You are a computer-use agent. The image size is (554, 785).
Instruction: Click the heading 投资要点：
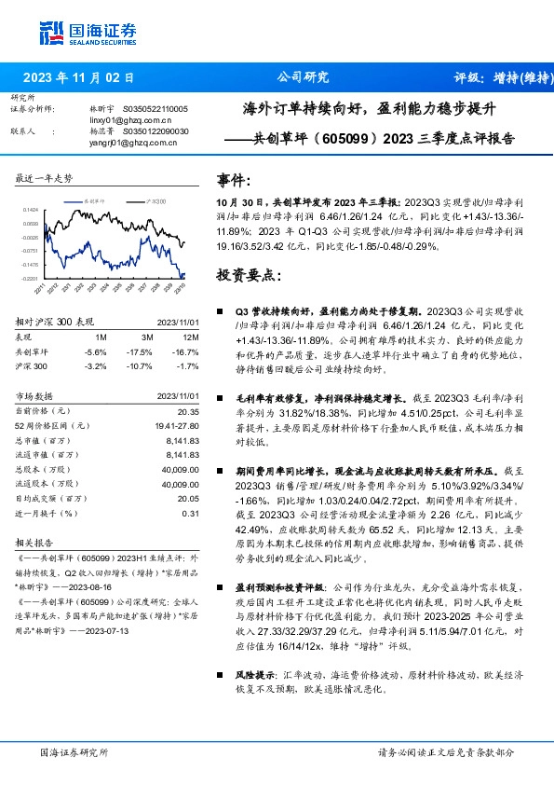coord(248,276)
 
